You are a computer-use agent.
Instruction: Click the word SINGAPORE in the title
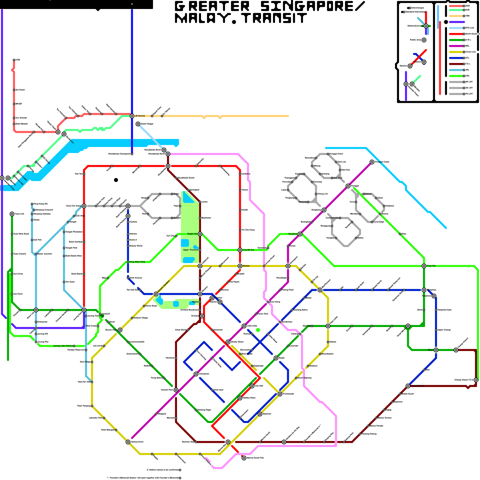312,7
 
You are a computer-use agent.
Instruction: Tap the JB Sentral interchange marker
132,116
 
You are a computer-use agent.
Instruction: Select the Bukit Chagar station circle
138,124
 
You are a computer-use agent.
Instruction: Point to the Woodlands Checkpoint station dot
132,154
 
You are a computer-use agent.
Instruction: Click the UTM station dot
14,60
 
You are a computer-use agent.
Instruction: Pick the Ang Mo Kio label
248,250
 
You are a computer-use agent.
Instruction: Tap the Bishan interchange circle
240,266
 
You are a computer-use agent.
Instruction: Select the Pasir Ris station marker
424,266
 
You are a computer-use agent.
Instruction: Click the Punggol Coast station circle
372,162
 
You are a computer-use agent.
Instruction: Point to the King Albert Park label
137,262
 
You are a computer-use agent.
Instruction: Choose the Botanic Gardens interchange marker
156,294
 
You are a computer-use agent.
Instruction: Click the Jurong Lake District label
63,346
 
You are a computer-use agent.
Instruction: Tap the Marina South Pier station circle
244,458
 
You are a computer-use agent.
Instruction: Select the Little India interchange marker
244,326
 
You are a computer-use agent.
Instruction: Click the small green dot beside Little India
258,330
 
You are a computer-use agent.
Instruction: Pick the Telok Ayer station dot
212,390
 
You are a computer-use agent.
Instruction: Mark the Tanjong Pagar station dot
196,410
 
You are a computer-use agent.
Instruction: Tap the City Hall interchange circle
252,386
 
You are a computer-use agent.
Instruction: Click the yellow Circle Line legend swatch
456,52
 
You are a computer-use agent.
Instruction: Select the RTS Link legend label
470,28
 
